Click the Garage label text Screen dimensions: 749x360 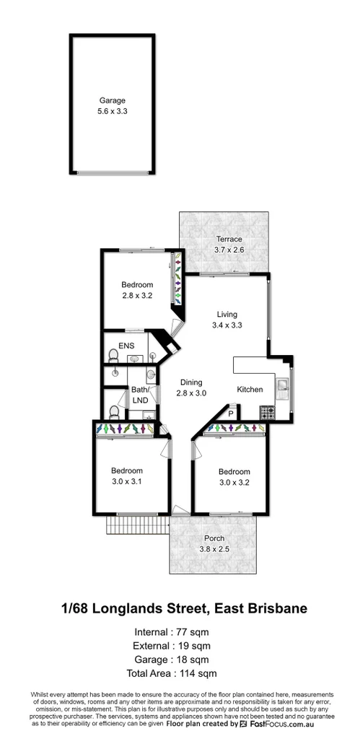pyautogui.click(x=112, y=101)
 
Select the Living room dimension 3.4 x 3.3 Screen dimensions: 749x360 pyautogui.click(x=228, y=325)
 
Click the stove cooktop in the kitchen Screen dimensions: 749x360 pyautogui.click(x=268, y=414)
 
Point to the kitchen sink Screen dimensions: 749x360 pyautogui.click(x=284, y=390)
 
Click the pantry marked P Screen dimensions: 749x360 pyautogui.click(x=230, y=413)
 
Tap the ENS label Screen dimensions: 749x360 pyautogui.click(x=126, y=346)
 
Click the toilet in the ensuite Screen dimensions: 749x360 pyautogui.click(x=111, y=355)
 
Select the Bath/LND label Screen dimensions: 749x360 pyautogui.click(x=139, y=395)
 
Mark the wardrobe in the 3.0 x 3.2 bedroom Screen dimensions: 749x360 pyautogui.click(x=234, y=429)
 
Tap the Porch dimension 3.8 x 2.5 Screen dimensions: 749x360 pyautogui.click(x=214, y=549)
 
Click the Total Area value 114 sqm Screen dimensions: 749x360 pyautogui.click(x=198, y=674)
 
